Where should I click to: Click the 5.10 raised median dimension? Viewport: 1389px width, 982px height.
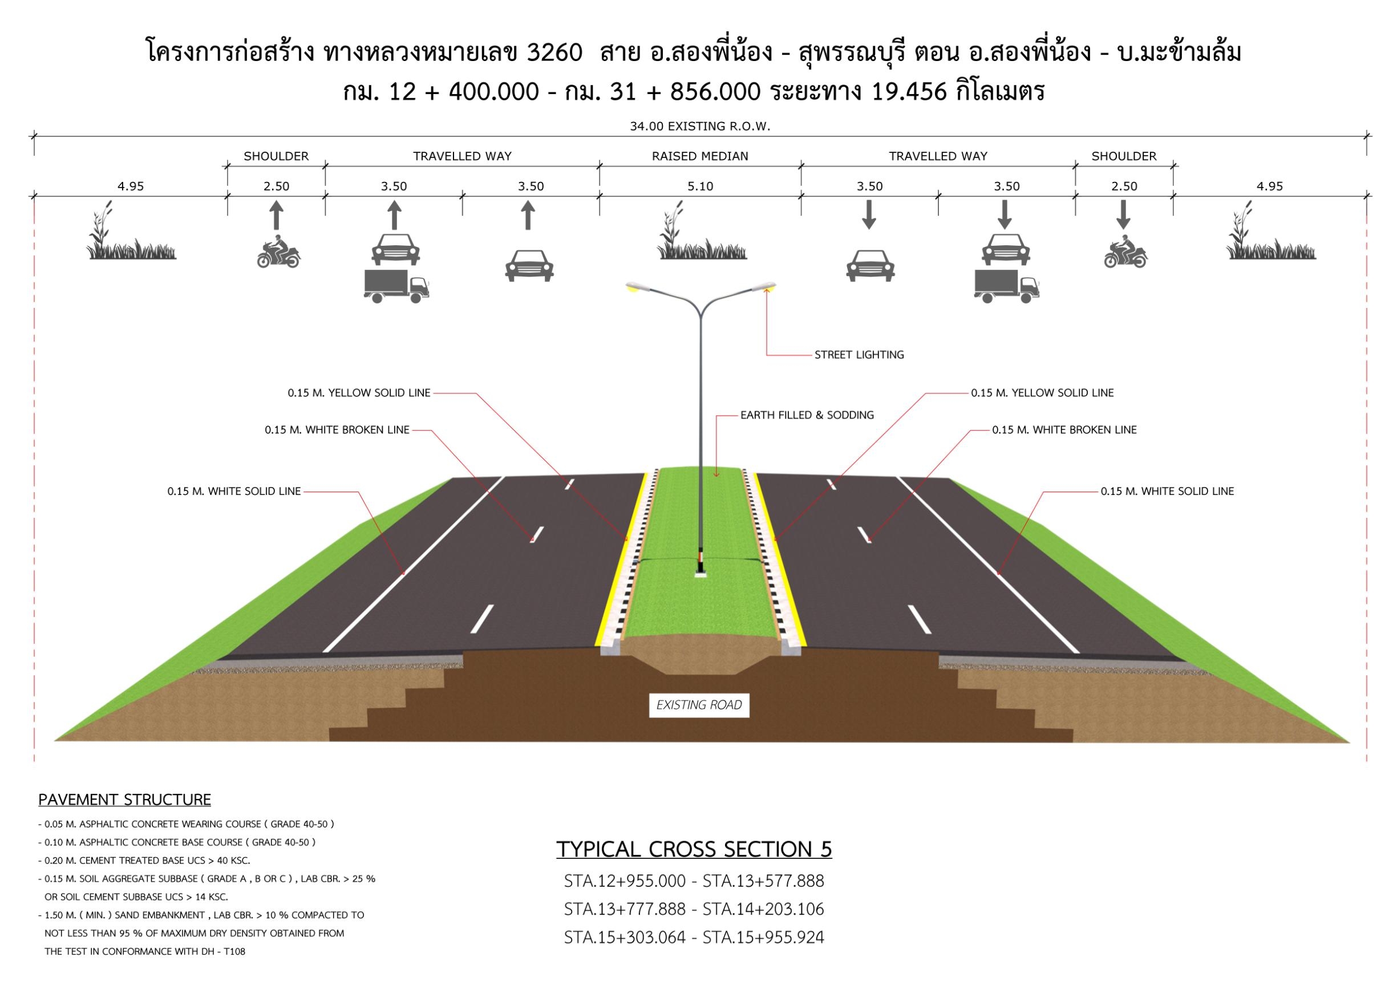point(700,186)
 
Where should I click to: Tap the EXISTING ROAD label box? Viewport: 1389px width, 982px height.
point(699,705)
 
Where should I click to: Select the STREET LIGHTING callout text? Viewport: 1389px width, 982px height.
point(859,355)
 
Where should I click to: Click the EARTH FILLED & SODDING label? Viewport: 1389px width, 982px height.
point(807,415)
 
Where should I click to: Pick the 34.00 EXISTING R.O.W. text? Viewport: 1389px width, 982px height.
point(700,127)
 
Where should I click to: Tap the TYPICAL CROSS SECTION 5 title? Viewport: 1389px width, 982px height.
point(694,849)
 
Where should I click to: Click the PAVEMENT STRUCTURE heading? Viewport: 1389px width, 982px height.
point(124,800)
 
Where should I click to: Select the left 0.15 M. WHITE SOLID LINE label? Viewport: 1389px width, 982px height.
point(234,492)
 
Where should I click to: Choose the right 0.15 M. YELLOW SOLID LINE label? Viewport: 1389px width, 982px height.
point(1042,393)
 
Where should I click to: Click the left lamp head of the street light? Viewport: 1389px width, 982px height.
point(637,287)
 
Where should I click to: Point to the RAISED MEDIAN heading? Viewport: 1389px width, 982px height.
point(700,156)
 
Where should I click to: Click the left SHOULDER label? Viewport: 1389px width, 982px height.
point(276,156)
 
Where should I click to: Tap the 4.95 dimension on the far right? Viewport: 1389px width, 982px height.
point(1269,186)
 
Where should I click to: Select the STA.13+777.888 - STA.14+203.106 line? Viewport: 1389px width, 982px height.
point(694,910)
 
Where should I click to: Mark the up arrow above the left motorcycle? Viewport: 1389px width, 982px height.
point(276,215)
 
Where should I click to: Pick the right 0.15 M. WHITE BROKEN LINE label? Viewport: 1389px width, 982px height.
point(1064,430)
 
